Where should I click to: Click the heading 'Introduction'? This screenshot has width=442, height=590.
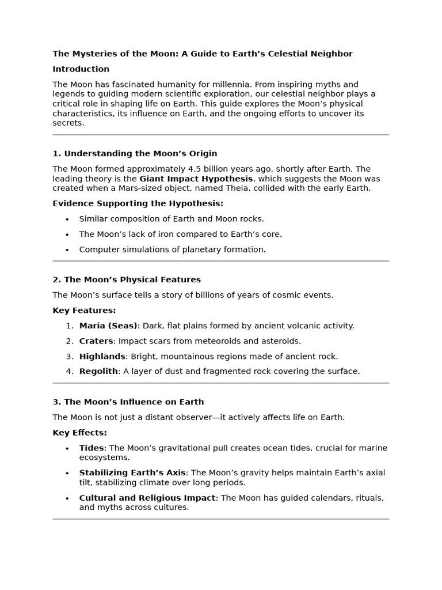point(81,69)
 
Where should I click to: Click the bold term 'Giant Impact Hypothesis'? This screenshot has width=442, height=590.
point(196,179)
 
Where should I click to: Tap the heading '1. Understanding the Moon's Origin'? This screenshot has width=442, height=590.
point(135,154)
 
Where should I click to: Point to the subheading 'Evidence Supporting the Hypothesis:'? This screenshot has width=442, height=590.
point(138,203)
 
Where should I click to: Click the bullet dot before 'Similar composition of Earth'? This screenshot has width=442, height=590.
point(67,220)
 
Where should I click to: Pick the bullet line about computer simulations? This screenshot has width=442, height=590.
point(172,249)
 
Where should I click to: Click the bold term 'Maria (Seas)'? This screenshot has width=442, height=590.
point(108,326)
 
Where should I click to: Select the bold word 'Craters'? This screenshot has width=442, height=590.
point(96,341)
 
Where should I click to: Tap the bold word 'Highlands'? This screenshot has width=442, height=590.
point(102,356)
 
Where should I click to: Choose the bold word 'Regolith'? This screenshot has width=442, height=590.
point(98,372)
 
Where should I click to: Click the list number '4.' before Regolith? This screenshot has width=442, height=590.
point(70,372)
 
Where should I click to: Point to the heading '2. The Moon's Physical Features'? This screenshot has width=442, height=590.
point(127,280)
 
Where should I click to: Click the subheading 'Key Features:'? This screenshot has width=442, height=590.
point(84,311)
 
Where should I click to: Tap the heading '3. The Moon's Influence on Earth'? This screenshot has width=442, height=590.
point(128,402)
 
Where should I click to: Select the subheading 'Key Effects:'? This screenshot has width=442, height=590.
point(79,433)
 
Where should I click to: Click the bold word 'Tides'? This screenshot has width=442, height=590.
point(92,448)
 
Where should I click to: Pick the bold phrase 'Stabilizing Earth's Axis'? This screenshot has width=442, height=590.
point(132,473)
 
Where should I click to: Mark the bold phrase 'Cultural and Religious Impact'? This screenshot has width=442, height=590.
point(147,498)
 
